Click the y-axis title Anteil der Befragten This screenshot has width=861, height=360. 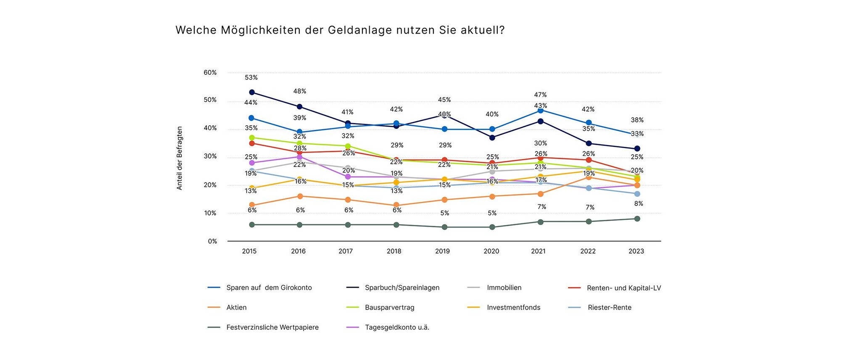[180, 158]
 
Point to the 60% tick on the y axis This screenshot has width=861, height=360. [210, 72]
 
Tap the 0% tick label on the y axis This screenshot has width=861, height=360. [212, 241]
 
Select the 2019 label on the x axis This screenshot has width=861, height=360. [442, 251]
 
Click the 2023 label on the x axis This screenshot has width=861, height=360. [636, 251]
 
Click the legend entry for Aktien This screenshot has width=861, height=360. [236, 307]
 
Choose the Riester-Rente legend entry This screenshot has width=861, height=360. [609, 307]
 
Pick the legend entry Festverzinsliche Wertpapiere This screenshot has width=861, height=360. [272, 327]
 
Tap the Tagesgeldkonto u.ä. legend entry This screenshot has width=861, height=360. [397, 327]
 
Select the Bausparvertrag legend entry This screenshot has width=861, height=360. [389, 307]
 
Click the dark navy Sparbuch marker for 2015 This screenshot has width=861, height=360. [252, 92]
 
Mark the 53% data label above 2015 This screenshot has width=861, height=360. [251, 78]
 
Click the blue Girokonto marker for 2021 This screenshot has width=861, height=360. [541, 110]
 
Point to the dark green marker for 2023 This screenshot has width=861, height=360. [637, 219]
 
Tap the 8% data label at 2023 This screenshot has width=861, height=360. [638, 204]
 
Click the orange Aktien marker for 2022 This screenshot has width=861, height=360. [589, 177]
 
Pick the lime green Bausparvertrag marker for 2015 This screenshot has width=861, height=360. [252, 138]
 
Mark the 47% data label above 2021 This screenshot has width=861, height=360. [541, 95]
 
